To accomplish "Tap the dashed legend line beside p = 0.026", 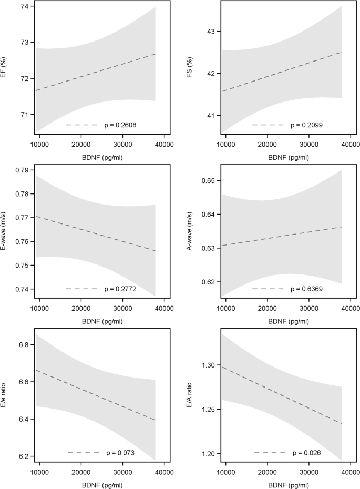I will point(269,452).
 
